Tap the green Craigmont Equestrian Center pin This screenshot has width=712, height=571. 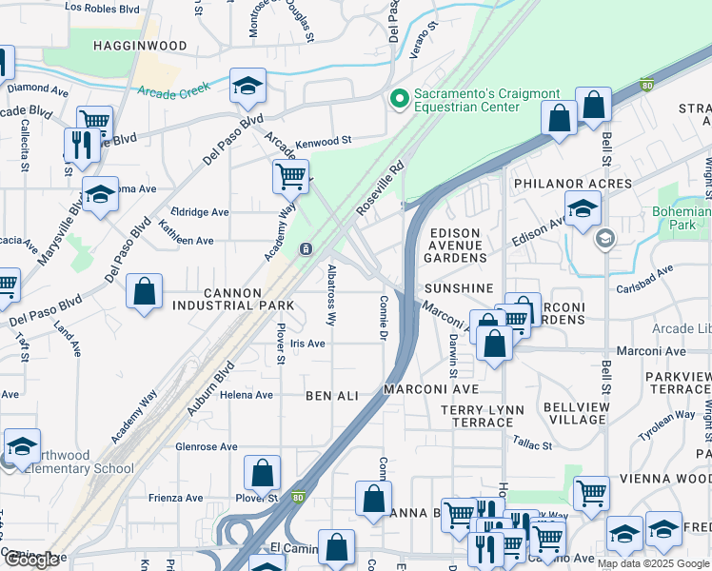[399, 97]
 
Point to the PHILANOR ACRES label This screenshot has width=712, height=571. [572, 183]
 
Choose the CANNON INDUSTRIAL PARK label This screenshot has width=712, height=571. [227, 298]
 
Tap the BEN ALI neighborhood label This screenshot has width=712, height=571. [331, 394]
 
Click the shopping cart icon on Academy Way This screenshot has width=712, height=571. [290, 175]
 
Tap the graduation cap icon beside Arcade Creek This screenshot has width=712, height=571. [247, 86]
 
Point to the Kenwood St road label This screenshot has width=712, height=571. [324, 140]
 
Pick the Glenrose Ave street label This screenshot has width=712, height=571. [206, 446]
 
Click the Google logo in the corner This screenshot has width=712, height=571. [31, 560]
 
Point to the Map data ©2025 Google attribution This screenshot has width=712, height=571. [653, 563]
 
